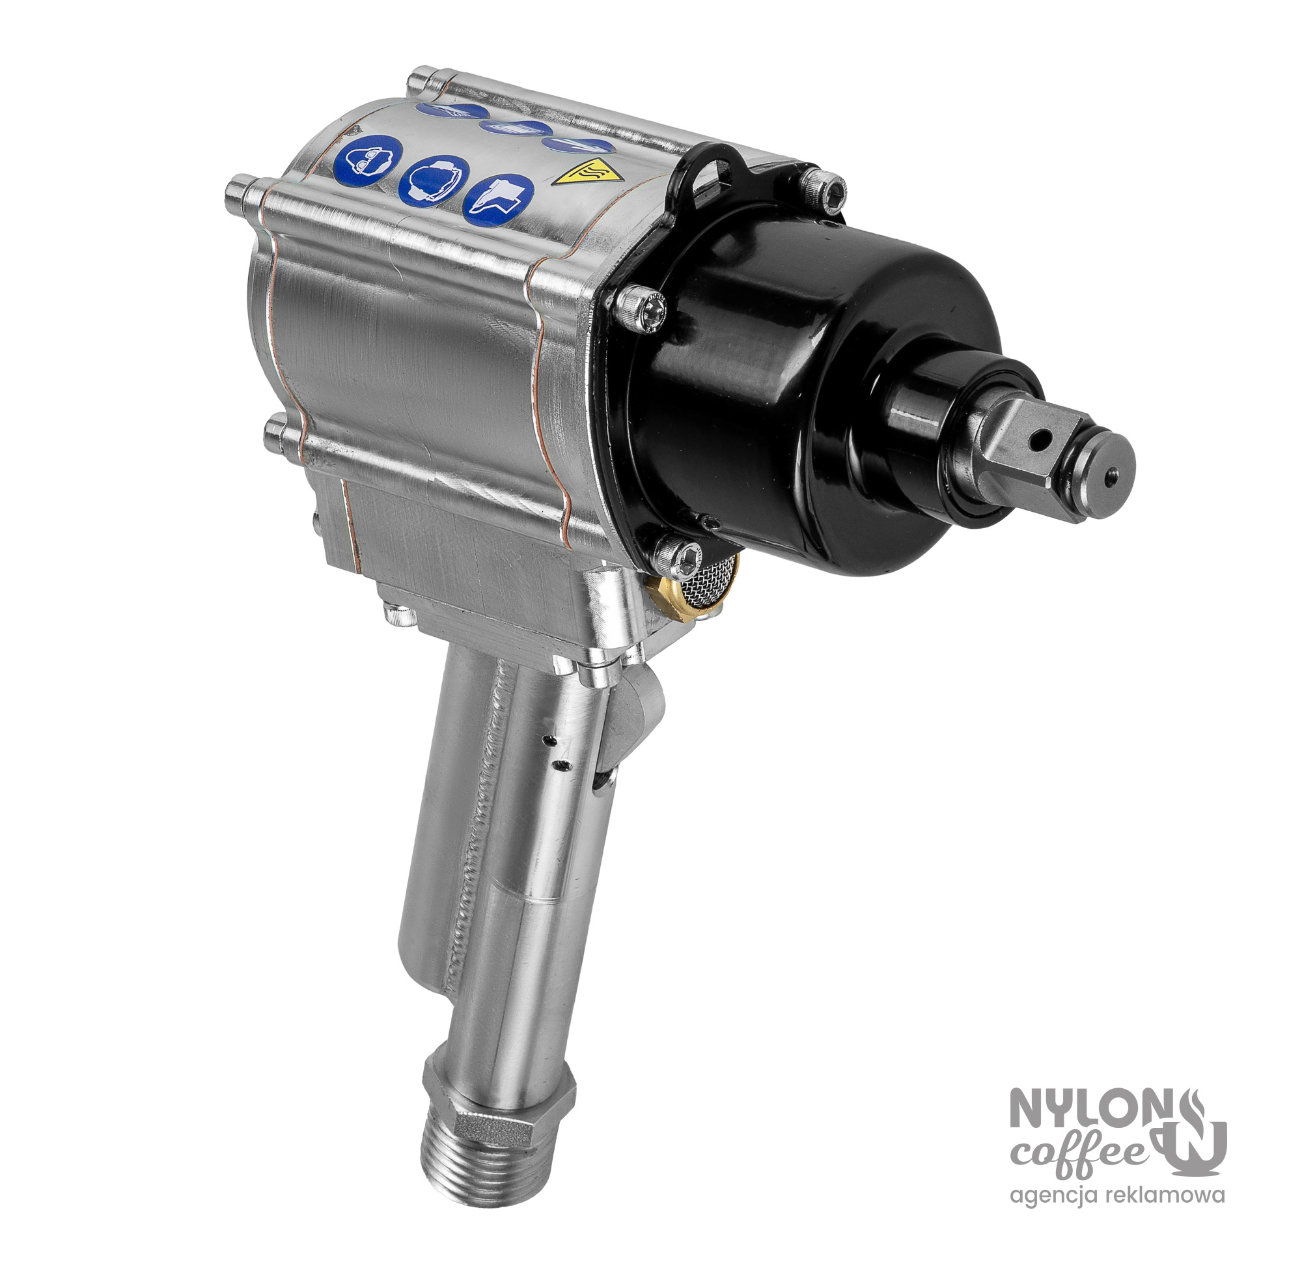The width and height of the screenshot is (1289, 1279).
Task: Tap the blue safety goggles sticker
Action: click(x=368, y=164)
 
